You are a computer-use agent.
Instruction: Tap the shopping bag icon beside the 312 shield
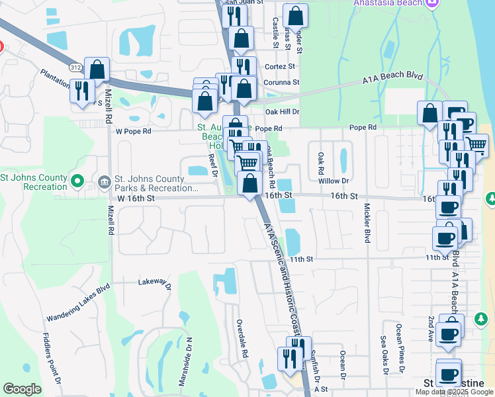click(x=97, y=69)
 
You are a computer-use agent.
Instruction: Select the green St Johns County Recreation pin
click(x=77, y=180)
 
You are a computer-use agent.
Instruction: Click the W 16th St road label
click(x=136, y=198)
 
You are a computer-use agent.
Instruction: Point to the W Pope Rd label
click(x=134, y=131)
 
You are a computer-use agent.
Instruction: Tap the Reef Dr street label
click(x=212, y=165)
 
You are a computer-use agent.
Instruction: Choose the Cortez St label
click(x=281, y=67)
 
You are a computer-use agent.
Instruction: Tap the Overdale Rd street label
click(x=242, y=339)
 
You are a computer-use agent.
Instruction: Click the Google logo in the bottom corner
click(x=22, y=389)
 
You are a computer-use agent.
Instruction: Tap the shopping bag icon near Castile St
click(x=295, y=15)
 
